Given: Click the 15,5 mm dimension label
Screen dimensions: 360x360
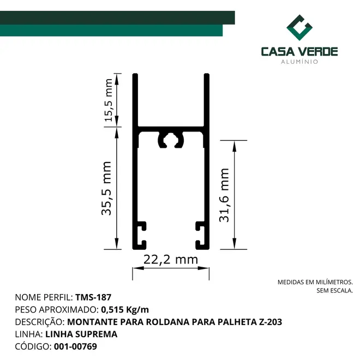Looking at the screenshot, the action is [109, 100].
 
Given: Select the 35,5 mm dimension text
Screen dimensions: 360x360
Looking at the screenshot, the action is [106, 188].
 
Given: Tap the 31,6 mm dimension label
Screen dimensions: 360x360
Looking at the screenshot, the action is [224, 195].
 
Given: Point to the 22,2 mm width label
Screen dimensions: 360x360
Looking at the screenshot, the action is [171, 260].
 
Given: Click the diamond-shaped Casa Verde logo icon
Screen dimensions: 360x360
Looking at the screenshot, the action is [299, 28].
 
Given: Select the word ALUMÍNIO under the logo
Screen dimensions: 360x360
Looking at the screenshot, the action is [299, 62].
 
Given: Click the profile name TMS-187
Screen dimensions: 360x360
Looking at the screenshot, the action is [93, 297].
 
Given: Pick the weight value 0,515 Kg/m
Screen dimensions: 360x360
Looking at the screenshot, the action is [125, 310].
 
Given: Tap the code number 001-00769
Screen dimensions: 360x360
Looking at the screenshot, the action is [75, 346].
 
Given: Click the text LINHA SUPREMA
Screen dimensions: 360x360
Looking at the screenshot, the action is [81, 334].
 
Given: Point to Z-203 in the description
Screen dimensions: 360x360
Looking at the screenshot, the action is [271, 322].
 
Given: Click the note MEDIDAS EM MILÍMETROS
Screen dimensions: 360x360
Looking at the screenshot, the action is [315, 282].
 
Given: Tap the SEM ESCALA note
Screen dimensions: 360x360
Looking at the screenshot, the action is [334, 291].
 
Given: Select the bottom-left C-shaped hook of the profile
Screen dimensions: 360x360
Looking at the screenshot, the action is [140, 236].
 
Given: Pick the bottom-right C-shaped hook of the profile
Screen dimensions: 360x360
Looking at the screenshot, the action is [201, 236].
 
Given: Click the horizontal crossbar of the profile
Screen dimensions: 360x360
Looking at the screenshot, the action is [171, 129].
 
